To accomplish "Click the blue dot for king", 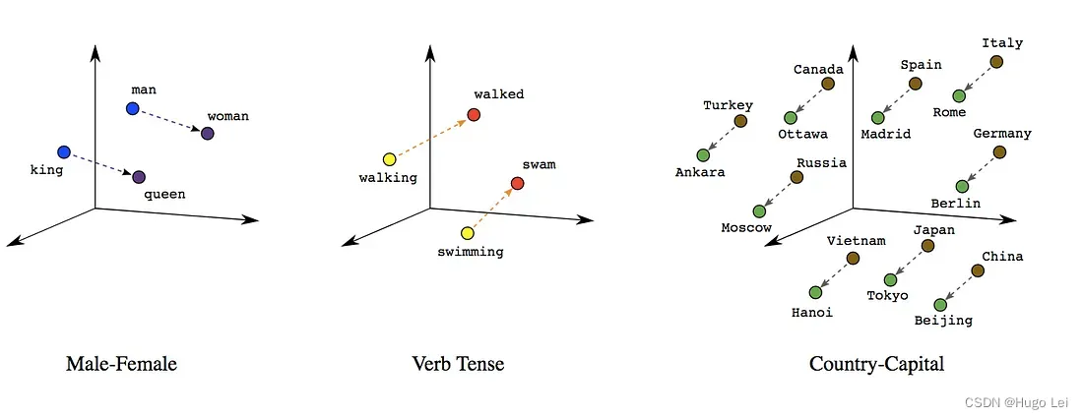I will pos(64,152).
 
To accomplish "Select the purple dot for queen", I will pos(139,177).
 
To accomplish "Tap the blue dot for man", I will pos(133,107).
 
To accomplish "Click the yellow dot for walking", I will pos(389,159).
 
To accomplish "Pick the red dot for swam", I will pos(518,184).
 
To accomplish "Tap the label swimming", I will pos(470,252).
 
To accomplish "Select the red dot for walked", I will pos(474,115).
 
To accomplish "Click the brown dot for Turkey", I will pos(740,121).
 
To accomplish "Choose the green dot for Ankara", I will pos(703,154).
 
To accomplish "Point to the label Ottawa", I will pos(802,134).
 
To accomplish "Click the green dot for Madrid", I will pos(878,118).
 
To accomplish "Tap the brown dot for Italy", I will pos(996,62).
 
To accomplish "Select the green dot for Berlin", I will pos(962,186).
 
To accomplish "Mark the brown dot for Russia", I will pos(796,178).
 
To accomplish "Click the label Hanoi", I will pos(811,313).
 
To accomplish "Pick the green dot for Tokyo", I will pos(890,280).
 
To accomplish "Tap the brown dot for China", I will pos(978,270).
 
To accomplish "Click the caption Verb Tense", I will pos(458,364).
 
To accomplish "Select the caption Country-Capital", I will pos(876,364).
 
